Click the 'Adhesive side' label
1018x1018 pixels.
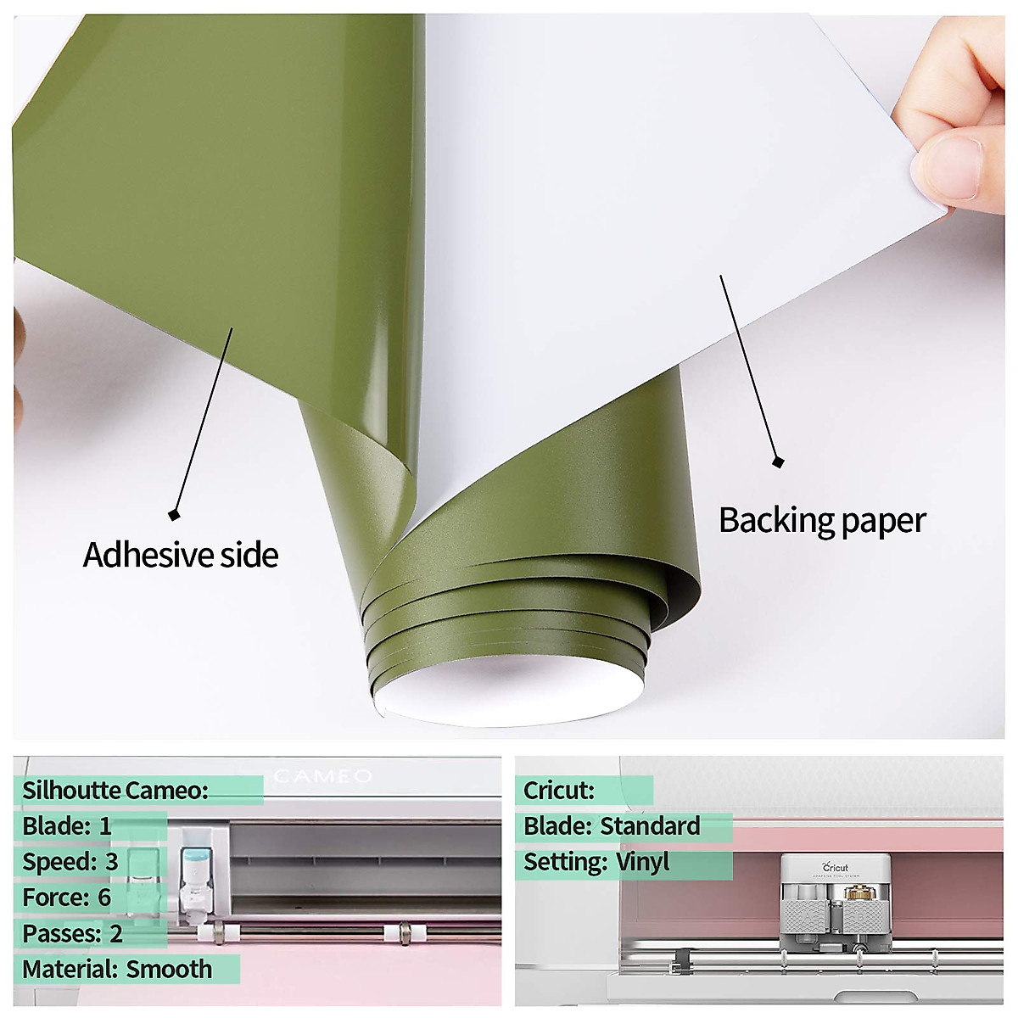click(x=181, y=555)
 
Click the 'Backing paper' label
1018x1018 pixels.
click(x=821, y=520)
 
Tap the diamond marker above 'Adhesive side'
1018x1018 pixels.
click(x=175, y=514)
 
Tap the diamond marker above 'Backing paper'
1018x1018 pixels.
click(x=778, y=461)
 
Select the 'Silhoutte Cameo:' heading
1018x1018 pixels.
click(x=115, y=791)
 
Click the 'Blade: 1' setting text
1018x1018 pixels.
click(x=67, y=826)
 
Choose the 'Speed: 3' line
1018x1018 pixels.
click(x=70, y=862)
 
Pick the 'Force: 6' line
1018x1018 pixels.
click(x=67, y=898)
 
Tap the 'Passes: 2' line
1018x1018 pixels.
click(x=73, y=934)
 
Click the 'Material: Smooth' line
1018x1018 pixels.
click(x=117, y=970)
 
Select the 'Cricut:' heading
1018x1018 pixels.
click(x=559, y=791)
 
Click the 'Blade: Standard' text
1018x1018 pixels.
click(x=612, y=826)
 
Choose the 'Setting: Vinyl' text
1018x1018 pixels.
click(x=596, y=862)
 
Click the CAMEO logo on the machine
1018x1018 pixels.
click(x=323, y=776)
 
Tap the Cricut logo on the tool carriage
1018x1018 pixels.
click(x=836, y=867)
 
